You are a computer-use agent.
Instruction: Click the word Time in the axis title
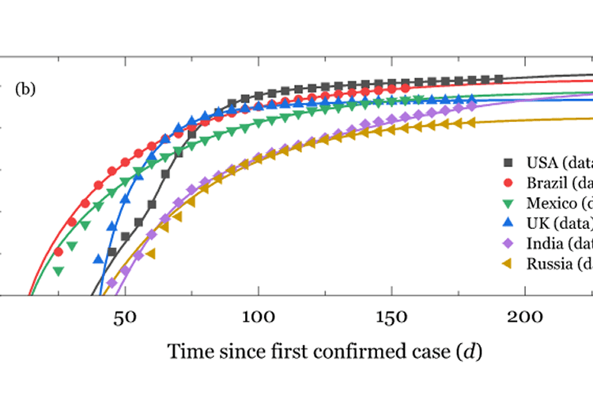[187, 351]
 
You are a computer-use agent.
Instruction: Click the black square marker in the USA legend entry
[509, 162]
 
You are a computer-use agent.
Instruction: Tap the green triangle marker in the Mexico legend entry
[509, 202]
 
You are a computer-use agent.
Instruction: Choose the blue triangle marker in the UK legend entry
[509, 222]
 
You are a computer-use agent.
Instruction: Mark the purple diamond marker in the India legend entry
[509, 242]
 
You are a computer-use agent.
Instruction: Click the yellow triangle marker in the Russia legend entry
[509, 263]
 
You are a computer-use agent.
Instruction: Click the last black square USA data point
[499, 78]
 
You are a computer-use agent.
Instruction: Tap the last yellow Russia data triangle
[471, 122]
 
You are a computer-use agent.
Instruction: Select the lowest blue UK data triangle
[98, 259]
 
